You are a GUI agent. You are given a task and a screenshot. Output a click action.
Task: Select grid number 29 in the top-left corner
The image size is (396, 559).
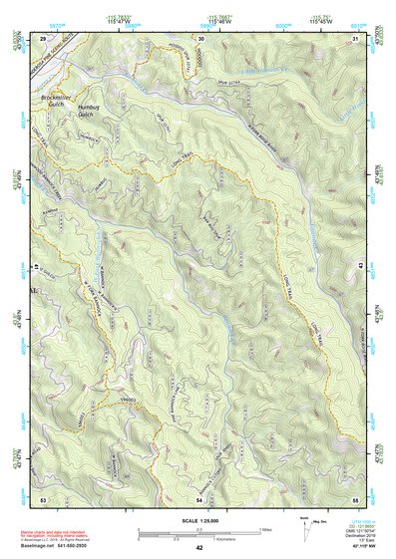click(x=43, y=38)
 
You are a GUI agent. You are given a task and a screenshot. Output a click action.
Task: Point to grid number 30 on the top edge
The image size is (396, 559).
click(x=200, y=38)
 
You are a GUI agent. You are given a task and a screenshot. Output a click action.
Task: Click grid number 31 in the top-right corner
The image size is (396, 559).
click(x=354, y=38)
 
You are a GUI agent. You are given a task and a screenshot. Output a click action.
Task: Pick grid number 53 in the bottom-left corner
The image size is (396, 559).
click(x=43, y=498)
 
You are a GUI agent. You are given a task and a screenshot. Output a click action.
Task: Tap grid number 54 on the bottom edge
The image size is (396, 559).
click(x=199, y=498)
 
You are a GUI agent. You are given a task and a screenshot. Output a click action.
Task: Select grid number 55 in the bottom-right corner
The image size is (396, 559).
click(x=354, y=498)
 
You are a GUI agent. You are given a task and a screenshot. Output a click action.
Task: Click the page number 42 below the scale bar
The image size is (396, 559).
click(x=199, y=548)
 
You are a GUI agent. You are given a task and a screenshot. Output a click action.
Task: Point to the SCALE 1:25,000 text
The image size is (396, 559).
click(x=199, y=521)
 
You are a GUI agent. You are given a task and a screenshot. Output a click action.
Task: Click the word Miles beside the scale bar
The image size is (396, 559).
click(x=263, y=528)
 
